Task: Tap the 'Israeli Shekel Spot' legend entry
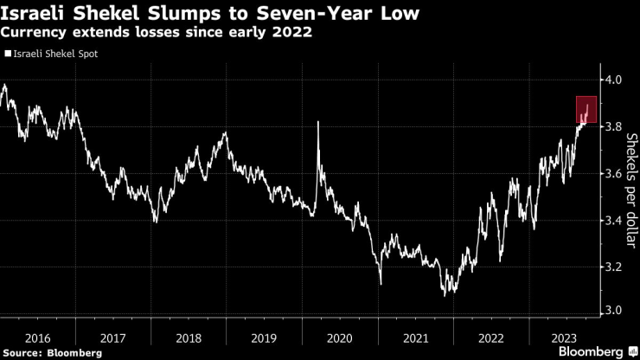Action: click(54, 54)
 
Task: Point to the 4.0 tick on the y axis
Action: click(614, 80)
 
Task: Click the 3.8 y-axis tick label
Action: click(614, 126)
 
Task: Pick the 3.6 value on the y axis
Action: click(614, 173)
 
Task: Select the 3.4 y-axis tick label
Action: click(614, 220)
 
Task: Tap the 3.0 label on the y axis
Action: click(614, 310)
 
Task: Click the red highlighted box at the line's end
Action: click(586, 110)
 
